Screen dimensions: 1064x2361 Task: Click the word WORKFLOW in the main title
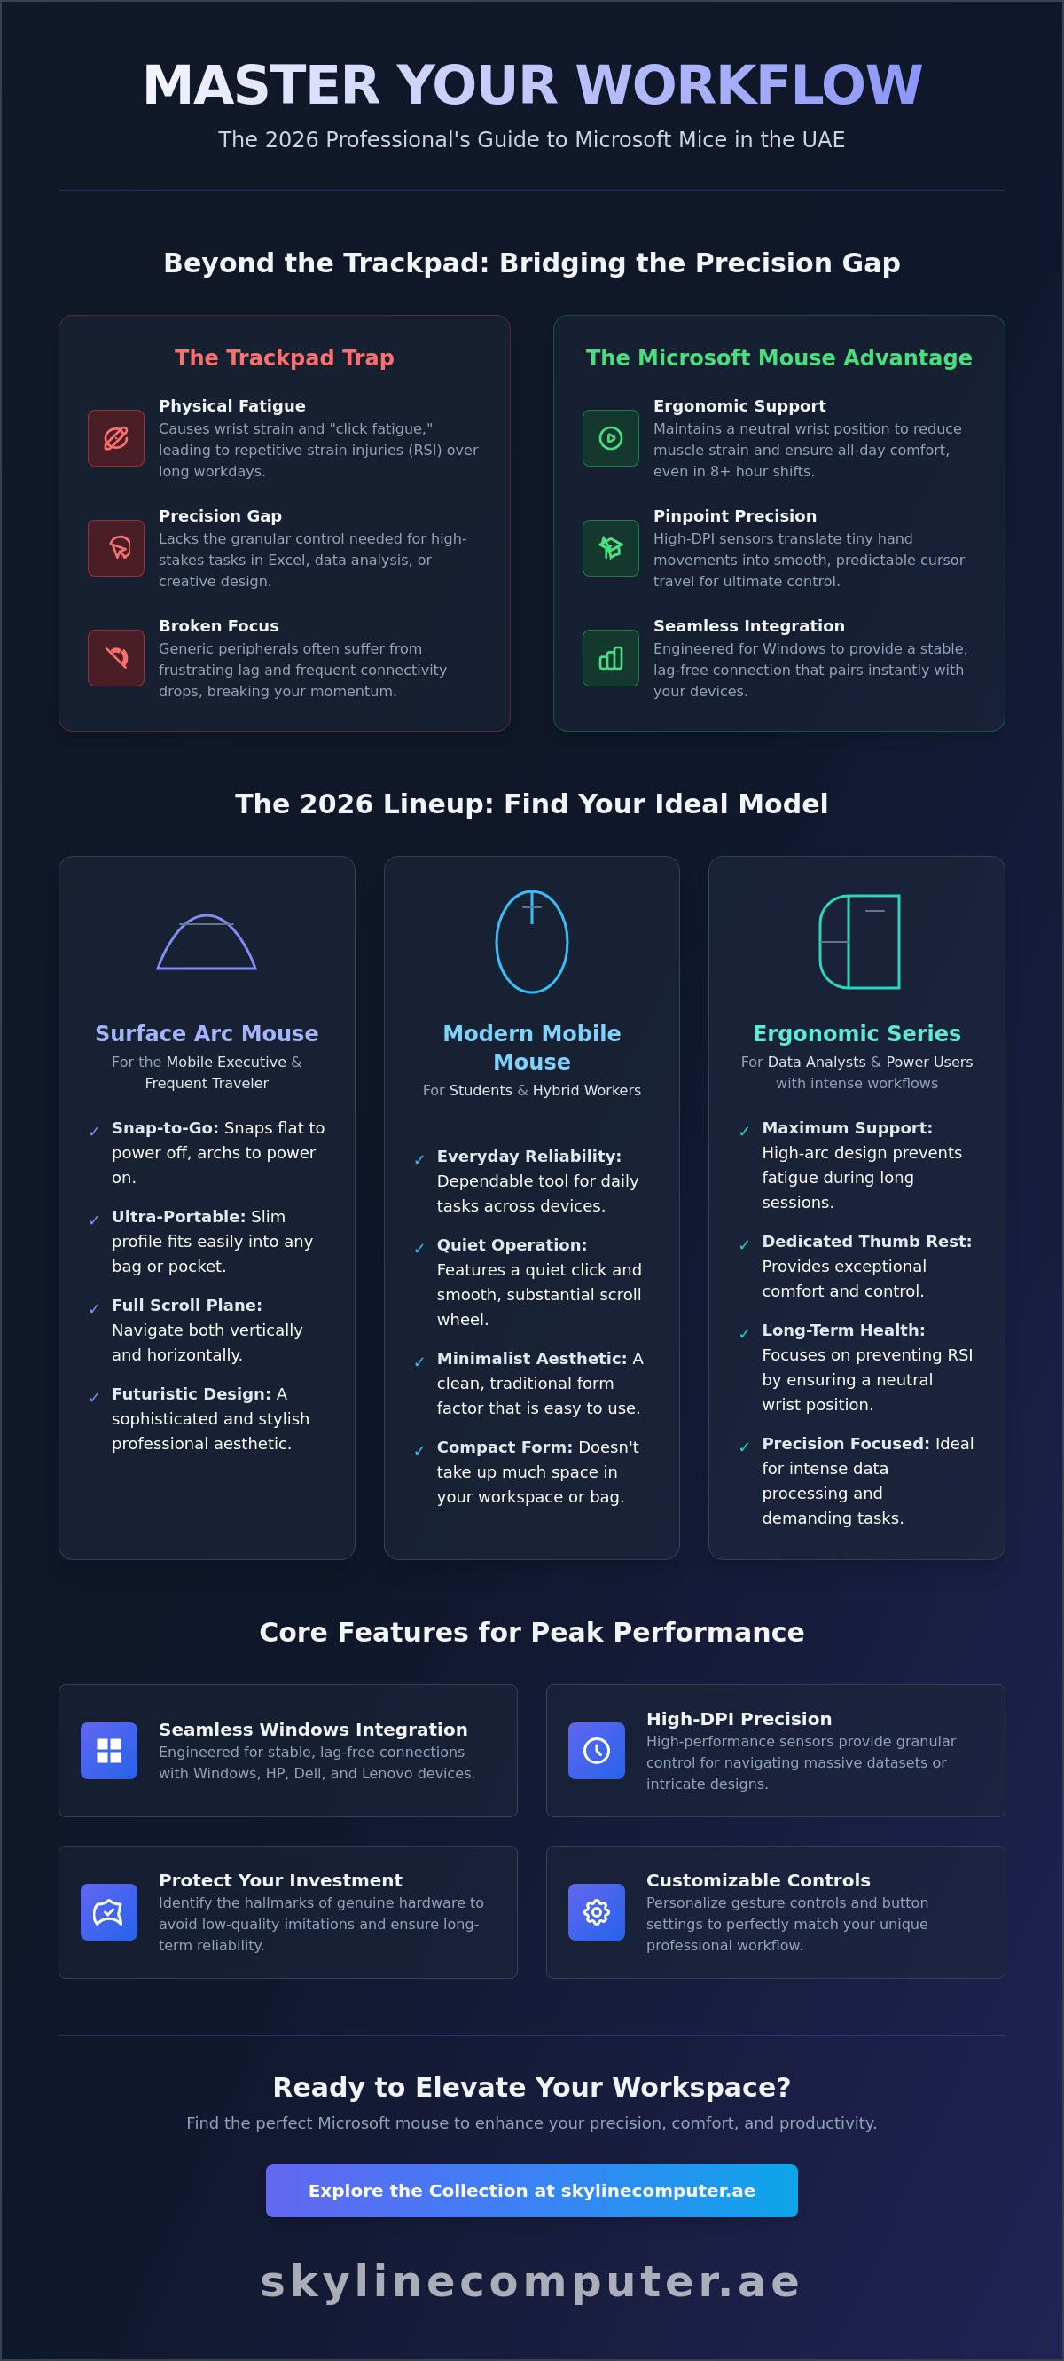[748, 85]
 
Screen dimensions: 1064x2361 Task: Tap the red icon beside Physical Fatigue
[115, 438]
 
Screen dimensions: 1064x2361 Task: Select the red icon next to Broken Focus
[115, 658]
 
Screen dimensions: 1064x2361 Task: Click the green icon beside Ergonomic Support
[610, 438]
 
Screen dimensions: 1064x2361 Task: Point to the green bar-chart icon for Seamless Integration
[610, 658]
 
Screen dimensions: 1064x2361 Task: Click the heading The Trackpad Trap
[284, 357]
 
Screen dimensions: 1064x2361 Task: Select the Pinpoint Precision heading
[734, 516]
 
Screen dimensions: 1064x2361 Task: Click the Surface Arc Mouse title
[207, 1033]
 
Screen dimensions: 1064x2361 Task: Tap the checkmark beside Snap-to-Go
[93, 1132]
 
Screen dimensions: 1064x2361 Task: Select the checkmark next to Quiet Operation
[419, 1248]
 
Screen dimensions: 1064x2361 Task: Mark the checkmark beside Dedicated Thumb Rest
[744, 1244]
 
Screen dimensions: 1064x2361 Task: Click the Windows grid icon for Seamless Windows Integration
[109, 1751]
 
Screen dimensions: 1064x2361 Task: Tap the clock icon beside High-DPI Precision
[597, 1751]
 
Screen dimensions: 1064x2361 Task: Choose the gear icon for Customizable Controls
[597, 1912]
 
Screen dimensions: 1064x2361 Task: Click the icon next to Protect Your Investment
[109, 1912]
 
